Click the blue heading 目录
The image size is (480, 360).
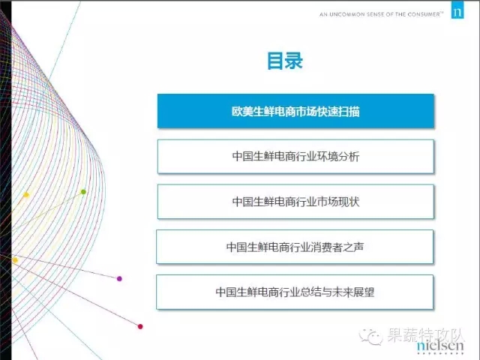[285, 61]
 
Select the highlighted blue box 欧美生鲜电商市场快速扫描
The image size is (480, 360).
[295, 111]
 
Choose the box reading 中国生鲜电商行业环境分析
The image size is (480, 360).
[295, 157]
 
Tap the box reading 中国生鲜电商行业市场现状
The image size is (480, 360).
[295, 202]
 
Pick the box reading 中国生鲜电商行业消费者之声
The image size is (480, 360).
[295, 247]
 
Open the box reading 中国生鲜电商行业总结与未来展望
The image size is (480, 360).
[295, 292]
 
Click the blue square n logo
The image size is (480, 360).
[457, 10]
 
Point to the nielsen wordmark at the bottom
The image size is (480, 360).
[440, 346]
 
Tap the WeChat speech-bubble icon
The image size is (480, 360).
[371, 337]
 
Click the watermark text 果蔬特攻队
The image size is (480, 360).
[426, 335]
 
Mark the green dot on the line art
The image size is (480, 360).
[83, 192]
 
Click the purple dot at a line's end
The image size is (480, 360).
[119, 278]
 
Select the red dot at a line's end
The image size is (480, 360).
[140, 327]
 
